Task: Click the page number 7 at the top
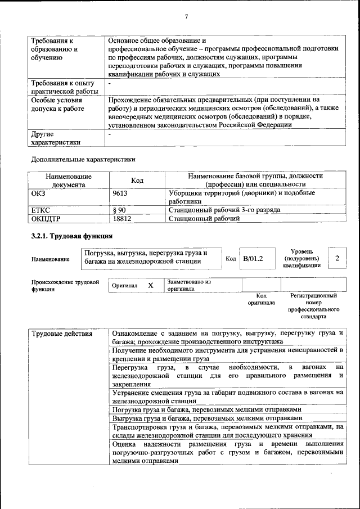[x=186, y=16]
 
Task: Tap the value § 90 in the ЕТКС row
[x=119, y=210]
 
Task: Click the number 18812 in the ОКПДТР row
[x=122, y=219]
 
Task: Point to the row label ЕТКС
[x=41, y=210]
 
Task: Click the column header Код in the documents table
[x=137, y=181]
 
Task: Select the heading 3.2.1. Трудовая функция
[x=67, y=236]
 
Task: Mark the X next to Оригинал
[x=151, y=285]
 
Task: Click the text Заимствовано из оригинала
[x=188, y=285]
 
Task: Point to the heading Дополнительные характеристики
[x=83, y=159]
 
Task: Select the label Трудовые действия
[x=62, y=334]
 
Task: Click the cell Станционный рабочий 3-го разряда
[x=224, y=210]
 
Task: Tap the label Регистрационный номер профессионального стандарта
[x=313, y=305]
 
